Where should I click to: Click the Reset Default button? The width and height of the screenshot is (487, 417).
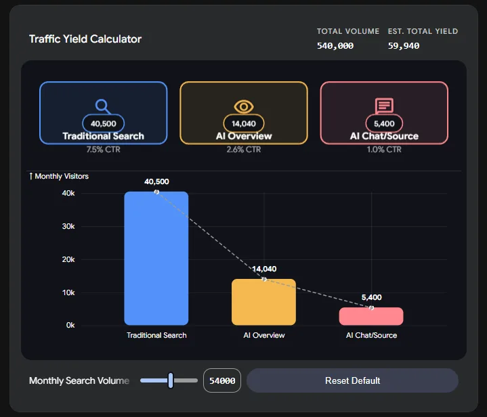pyautogui.click(x=352, y=380)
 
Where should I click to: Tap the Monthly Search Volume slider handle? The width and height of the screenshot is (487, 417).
pyautogui.click(x=171, y=380)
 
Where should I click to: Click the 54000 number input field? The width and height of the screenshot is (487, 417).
pyautogui.click(x=221, y=380)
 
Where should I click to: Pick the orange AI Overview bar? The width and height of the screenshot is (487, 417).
pyautogui.click(x=263, y=302)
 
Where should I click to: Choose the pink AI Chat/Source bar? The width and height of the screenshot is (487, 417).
pyautogui.click(x=371, y=316)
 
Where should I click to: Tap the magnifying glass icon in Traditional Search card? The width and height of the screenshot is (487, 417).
pyautogui.click(x=102, y=106)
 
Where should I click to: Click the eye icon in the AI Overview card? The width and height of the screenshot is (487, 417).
pyautogui.click(x=243, y=106)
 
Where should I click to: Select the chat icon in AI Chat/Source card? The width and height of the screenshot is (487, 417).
pyautogui.click(x=384, y=106)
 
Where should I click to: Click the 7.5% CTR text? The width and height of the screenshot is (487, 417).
pyautogui.click(x=103, y=149)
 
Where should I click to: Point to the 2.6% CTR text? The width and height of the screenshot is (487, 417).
pyautogui.click(x=243, y=149)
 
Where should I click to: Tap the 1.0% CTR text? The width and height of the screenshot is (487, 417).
pyautogui.click(x=384, y=149)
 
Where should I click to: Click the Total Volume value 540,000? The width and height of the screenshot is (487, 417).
pyautogui.click(x=335, y=46)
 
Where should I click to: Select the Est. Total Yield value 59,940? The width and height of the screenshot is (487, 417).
pyautogui.click(x=404, y=46)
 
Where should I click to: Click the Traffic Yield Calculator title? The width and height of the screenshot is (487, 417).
pyautogui.click(x=85, y=39)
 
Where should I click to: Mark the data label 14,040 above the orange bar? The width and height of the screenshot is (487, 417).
pyautogui.click(x=263, y=269)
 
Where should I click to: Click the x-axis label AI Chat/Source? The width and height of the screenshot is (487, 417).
pyautogui.click(x=371, y=335)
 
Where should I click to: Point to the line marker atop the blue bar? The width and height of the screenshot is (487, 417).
pyautogui.click(x=156, y=192)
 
